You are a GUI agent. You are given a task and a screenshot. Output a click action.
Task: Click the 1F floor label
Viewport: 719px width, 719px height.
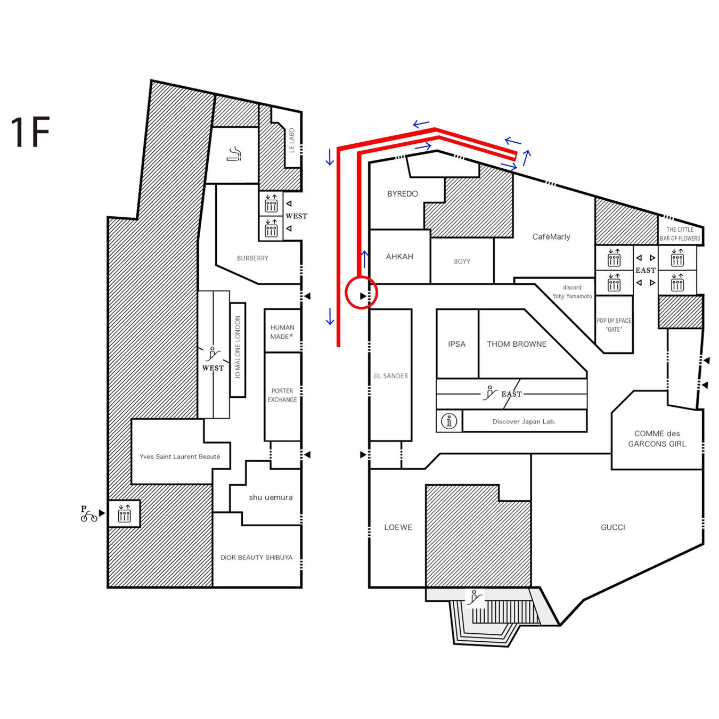(30, 132)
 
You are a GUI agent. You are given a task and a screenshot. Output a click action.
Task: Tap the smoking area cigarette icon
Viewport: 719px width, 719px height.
(234, 155)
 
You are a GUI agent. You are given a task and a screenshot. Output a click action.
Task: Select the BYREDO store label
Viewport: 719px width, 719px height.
(403, 194)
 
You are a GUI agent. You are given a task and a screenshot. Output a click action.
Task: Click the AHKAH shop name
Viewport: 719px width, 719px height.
(399, 257)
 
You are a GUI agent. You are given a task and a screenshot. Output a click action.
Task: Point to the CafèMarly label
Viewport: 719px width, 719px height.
(551, 237)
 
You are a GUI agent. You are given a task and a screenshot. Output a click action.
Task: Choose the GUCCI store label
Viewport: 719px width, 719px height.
(612, 527)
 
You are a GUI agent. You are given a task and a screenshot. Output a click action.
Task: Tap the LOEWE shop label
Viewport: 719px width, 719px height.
(398, 527)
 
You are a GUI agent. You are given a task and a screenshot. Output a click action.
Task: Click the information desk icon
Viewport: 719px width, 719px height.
(449, 421)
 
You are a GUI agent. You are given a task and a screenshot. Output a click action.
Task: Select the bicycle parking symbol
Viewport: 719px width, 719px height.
(88, 514)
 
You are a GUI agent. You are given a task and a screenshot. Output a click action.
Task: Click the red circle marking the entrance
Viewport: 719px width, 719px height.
(362, 293)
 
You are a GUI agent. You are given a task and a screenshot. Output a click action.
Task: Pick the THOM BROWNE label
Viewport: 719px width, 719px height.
(517, 344)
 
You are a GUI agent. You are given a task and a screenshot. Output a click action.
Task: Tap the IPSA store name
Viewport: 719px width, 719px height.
(456, 344)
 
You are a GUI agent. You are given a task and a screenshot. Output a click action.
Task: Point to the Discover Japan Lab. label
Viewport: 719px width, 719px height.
(524, 421)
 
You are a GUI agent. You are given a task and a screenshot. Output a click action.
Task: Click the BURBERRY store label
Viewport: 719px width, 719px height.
(252, 258)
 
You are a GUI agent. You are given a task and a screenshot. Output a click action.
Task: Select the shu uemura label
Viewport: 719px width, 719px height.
(271, 497)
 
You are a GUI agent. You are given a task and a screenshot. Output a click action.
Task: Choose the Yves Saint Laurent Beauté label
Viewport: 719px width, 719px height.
(179, 456)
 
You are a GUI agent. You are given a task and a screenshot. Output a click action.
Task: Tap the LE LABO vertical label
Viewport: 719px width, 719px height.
(292, 141)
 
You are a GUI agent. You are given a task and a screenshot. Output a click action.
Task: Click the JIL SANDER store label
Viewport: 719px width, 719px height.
(390, 376)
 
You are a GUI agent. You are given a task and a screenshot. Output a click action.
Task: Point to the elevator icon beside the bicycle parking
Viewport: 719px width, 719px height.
(124, 514)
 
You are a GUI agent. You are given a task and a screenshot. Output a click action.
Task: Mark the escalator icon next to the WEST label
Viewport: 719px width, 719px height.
(213, 354)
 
